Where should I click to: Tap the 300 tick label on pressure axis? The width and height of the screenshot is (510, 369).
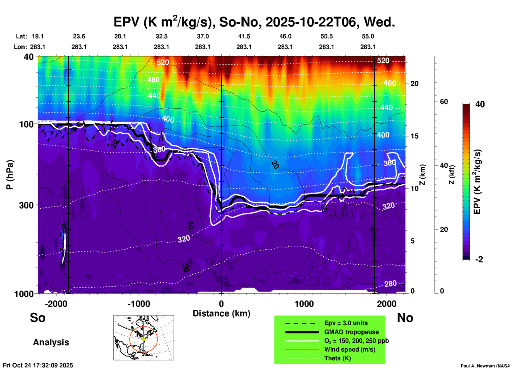pos(26,205)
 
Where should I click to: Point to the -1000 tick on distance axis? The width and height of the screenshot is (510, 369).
pos(139,304)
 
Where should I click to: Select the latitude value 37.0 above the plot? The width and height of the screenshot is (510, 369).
pos(203,36)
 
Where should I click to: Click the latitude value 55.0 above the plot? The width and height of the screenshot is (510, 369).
pos(368,36)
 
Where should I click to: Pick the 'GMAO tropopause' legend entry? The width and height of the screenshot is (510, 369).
pos(351,332)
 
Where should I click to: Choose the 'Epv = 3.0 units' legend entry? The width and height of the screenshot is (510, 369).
pos(346,323)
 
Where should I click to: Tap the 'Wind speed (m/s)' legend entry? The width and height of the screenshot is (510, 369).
pos(350,349)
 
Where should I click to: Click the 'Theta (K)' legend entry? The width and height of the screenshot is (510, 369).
pos(337,358)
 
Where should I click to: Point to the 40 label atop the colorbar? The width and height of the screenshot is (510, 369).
pos(480,104)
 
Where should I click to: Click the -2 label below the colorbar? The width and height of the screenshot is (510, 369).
pos(479,259)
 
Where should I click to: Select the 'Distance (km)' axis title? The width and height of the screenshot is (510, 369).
pos(221,313)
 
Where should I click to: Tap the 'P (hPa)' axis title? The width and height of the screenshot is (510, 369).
pos(10,175)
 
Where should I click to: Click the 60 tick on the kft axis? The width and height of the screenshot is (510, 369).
pos(444,102)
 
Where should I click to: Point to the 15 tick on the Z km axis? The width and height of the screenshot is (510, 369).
pos(414,136)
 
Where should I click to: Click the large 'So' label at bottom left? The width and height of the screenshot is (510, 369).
pos(38,318)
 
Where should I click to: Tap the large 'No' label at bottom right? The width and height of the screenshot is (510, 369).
pos(405,318)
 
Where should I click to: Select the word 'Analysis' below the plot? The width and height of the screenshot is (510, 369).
pos(51,342)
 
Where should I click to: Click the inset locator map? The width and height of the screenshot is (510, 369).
pos(144,338)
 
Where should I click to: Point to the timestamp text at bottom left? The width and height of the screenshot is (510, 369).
pos(38,365)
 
